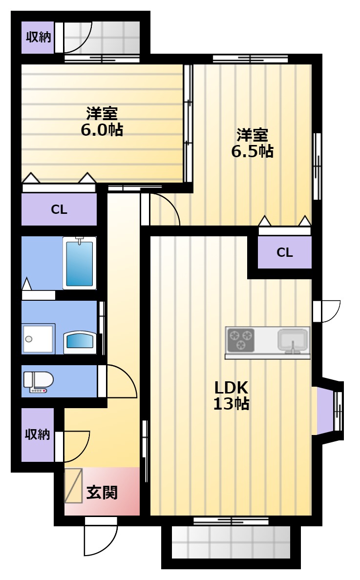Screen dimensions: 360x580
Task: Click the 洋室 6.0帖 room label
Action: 102,122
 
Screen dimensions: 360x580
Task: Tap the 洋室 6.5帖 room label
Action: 253,143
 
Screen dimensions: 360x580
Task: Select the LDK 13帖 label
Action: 231,395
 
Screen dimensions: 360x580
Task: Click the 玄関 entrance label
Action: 102,493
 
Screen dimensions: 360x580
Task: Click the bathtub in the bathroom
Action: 80,263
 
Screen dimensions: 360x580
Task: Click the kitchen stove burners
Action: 240,340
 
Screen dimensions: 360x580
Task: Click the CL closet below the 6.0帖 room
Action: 59,209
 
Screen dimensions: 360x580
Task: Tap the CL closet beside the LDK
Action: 284,252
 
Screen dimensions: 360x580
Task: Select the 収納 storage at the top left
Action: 38,38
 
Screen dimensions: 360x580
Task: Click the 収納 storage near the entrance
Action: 38,435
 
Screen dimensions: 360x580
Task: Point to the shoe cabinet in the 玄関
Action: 73,486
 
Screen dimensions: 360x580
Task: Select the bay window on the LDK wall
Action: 329,411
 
